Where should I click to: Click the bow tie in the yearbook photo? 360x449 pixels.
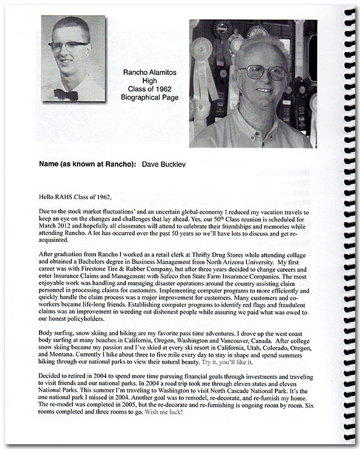click(x=65, y=94)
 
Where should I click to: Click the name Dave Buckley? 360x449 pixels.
click(x=162, y=164)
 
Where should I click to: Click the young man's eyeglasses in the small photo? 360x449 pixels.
click(x=70, y=44)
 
